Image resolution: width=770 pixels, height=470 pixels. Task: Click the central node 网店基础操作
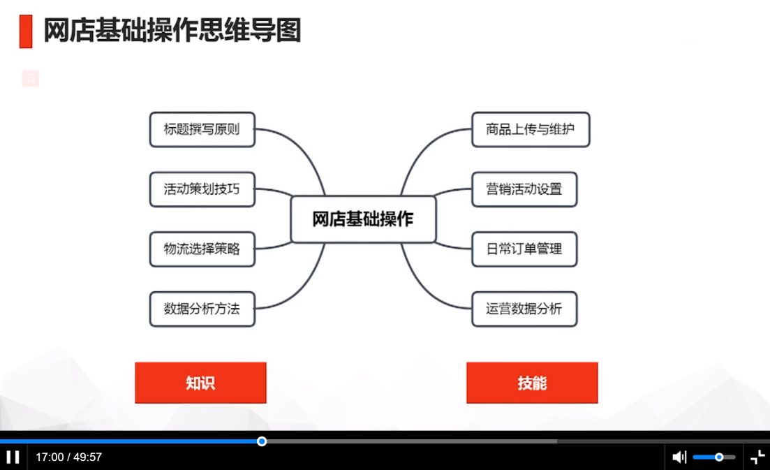(363, 219)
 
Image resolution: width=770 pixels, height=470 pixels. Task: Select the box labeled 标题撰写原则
(202, 129)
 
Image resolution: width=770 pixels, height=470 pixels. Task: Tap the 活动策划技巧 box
(202, 189)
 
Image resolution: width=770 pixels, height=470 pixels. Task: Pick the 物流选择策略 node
(202, 249)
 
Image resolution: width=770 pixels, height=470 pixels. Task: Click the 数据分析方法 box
(202, 309)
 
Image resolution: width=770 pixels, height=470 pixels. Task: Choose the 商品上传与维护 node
(531, 129)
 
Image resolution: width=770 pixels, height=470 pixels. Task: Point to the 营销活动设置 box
(524, 189)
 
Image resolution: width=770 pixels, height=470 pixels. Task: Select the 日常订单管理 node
(524, 249)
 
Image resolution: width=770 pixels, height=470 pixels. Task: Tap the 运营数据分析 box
(524, 309)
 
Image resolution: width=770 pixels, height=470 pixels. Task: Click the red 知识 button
(200, 383)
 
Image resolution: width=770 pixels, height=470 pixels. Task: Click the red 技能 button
(532, 383)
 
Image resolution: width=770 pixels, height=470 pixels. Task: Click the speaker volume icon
(679, 457)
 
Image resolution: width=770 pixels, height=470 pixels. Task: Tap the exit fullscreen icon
(757, 457)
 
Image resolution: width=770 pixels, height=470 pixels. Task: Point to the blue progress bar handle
(262, 441)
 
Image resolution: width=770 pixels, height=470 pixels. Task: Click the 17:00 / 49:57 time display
(69, 457)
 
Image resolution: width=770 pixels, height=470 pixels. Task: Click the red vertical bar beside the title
(26, 31)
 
